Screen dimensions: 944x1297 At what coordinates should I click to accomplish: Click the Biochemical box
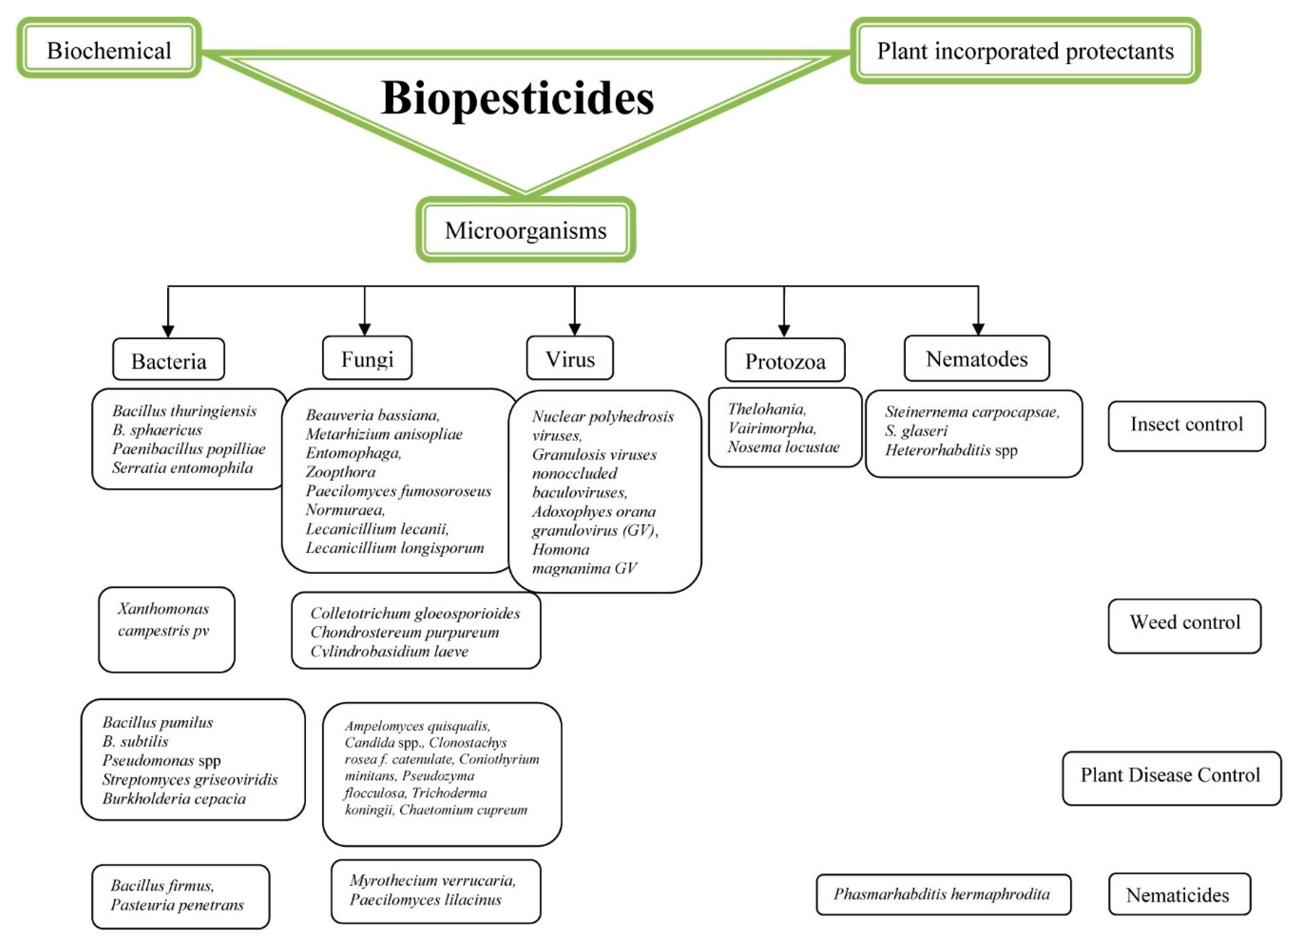[x=109, y=50]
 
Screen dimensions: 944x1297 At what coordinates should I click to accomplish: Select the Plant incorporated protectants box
[x=1025, y=51]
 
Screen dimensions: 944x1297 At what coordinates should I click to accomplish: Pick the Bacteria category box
[x=169, y=360]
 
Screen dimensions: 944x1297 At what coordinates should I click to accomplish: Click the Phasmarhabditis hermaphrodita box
[x=942, y=894]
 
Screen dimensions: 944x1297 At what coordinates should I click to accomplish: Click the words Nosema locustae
[x=783, y=447]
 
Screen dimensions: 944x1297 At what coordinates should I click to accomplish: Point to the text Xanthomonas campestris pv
[x=163, y=619]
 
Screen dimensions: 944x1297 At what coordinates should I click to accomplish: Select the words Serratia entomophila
[x=183, y=468]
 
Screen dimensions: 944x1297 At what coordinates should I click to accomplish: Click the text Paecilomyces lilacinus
[x=425, y=899]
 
